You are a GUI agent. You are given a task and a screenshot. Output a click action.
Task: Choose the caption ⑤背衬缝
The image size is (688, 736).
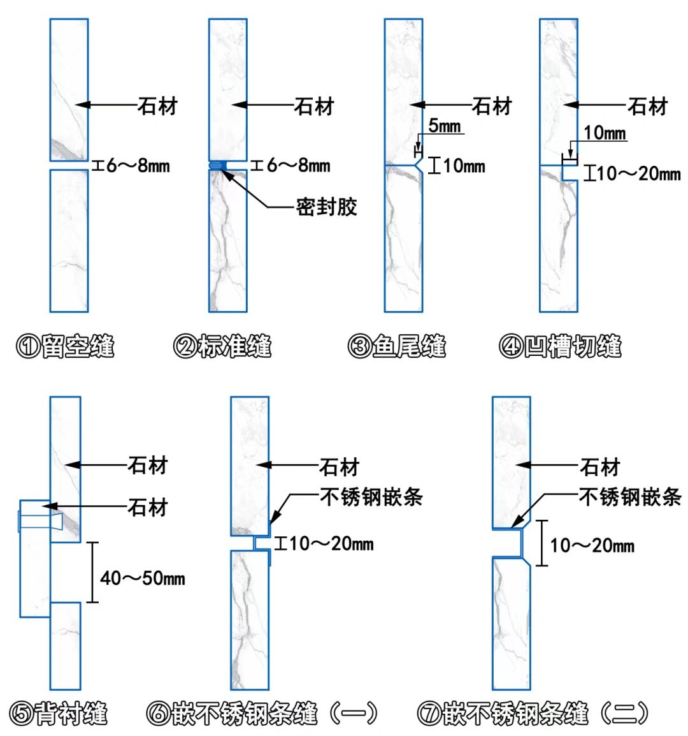coord(59,713)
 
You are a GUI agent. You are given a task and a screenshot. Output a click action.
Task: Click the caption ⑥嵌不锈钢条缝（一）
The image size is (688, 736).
coord(263,713)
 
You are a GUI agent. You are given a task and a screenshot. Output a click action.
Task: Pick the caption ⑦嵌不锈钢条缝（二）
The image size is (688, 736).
coord(534,713)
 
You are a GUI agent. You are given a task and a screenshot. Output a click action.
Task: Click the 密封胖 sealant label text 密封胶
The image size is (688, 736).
coord(326,207)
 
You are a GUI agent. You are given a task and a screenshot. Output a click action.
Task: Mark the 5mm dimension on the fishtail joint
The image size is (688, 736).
coord(444,126)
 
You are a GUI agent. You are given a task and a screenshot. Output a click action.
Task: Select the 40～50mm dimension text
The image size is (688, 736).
coord(143,578)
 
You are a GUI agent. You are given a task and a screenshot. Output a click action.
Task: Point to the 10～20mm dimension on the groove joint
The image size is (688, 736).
coord(639,173)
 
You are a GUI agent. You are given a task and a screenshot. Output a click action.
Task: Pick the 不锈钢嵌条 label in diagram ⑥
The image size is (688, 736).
coord(371,497)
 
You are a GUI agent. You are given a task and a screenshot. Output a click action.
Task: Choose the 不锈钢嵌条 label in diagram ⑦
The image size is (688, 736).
coord(630,497)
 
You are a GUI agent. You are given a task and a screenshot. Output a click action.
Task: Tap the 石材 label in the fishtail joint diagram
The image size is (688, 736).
coord(492,105)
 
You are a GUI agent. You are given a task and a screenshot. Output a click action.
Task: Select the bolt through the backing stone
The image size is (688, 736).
coord(38,520)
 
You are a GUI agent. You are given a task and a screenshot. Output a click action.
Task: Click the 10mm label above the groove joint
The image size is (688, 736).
coord(605,133)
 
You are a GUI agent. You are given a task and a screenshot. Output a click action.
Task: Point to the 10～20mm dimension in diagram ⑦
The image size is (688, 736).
coord(592,545)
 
